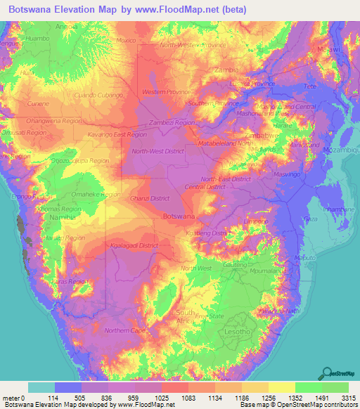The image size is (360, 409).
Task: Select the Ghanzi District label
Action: pyautogui.click(x=150, y=200)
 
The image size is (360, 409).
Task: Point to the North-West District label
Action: pyautogui.click(x=158, y=151)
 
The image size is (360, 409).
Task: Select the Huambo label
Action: pyautogui.click(x=37, y=39)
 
